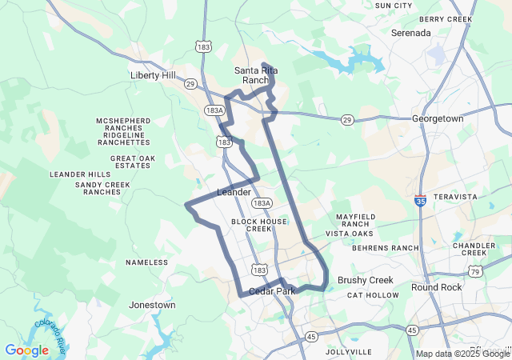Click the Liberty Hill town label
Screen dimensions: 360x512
tap(152, 75)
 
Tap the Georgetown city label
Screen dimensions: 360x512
tap(438, 118)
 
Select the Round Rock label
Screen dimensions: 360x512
tap(437, 287)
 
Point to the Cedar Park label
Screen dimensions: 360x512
tap(272, 291)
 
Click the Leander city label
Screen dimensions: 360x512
tap(234, 193)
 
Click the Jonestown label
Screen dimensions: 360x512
tap(152, 305)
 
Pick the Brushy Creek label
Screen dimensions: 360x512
tap(366, 280)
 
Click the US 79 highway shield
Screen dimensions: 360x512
tap(475, 272)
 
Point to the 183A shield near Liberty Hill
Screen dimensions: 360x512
tap(214, 110)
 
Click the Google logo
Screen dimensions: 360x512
tap(26, 350)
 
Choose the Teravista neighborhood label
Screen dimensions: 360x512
tap(455, 197)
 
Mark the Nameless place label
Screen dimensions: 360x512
tap(147, 262)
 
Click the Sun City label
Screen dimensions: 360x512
tap(394, 6)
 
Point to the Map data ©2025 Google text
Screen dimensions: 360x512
tap(462, 354)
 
